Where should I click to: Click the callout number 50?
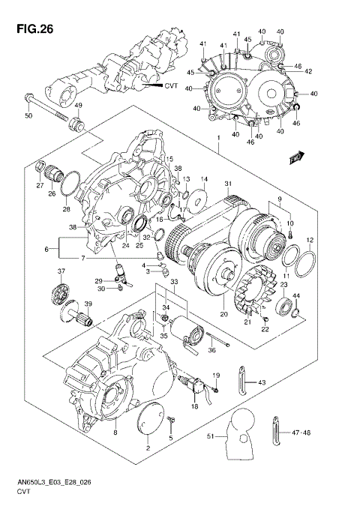click(x=28, y=116)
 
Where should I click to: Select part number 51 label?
click(x=211, y=436)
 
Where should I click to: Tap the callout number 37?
click(x=61, y=272)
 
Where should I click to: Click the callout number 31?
click(x=228, y=185)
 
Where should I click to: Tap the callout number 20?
click(x=222, y=314)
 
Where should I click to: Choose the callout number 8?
click(x=114, y=433)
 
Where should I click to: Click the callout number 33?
click(x=175, y=282)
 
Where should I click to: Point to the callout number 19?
click(x=215, y=374)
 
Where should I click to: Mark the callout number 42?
click(x=308, y=71)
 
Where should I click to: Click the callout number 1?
click(x=218, y=139)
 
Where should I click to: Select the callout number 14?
click(x=204, y=179)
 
